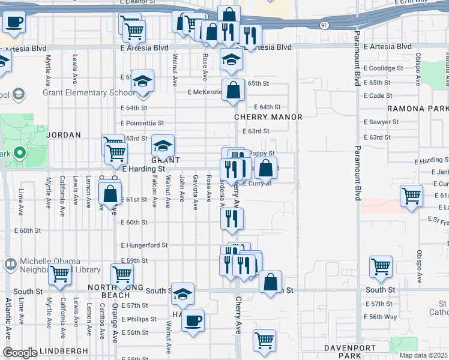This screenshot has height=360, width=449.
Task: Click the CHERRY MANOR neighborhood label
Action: coord(267,117)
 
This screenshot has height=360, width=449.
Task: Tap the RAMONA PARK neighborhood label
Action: coord(418,109)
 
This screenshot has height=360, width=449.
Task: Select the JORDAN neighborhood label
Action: coord(64,136)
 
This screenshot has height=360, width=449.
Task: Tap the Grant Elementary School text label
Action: coord(88,93)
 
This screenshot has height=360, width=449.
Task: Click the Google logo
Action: coord(20,353)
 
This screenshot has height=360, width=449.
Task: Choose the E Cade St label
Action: coord(377,95)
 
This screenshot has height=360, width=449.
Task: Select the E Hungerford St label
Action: coord(143,245)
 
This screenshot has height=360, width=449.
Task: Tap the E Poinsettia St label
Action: coord(142,123)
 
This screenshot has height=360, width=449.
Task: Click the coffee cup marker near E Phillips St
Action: coord(193,320)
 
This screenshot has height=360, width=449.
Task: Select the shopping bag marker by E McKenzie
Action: coord(233,91)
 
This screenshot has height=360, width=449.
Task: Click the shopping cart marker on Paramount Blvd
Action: coord(381,267)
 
